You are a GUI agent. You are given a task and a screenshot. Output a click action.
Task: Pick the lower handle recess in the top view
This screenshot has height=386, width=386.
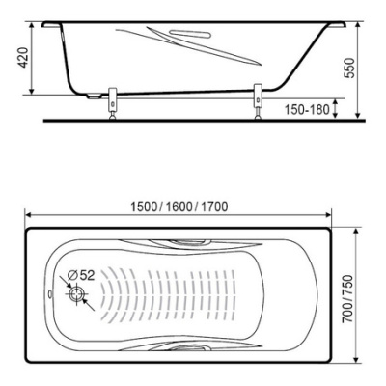tap(192, 345)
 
